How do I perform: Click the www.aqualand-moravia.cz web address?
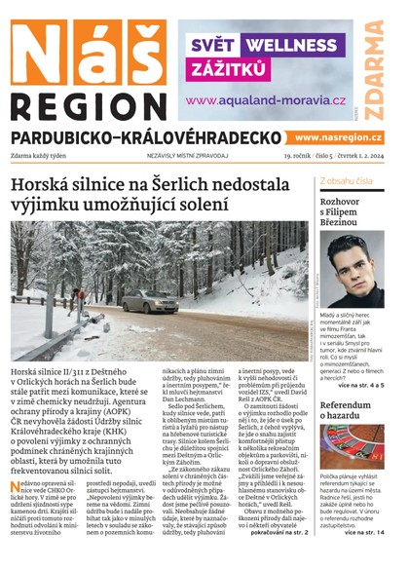coord(266,99)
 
